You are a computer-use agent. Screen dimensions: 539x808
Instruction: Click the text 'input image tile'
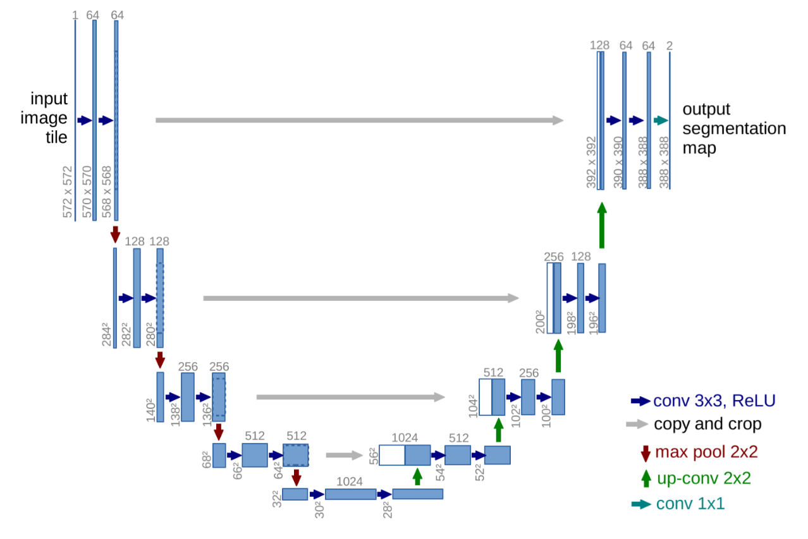point(49,118)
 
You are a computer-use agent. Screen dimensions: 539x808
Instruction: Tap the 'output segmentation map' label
point(733,129)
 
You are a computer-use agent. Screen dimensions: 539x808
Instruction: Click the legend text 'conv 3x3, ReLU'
point(714,401)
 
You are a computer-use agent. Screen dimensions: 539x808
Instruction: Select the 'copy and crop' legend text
point(707,424)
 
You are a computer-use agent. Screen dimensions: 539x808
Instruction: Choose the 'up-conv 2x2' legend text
point(703,478)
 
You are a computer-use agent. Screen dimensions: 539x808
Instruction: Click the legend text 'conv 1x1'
point(690,504)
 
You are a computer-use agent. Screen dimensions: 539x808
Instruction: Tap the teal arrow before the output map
point(661,120)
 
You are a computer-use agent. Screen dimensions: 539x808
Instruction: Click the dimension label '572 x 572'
point(68,192)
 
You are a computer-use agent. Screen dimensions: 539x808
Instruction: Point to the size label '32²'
point(277,499)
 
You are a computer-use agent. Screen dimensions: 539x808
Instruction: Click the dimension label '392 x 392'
point(592,162)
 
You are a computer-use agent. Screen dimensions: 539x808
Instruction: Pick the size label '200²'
point(541,321)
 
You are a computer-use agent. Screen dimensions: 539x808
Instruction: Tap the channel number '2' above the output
point(669,45)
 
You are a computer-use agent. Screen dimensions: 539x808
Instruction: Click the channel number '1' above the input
point(75,14)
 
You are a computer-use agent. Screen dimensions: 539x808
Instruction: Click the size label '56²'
point(373,456)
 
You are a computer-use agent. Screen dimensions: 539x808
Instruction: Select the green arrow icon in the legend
point(646,478)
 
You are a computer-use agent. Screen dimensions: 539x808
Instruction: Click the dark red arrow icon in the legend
point(646,452)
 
